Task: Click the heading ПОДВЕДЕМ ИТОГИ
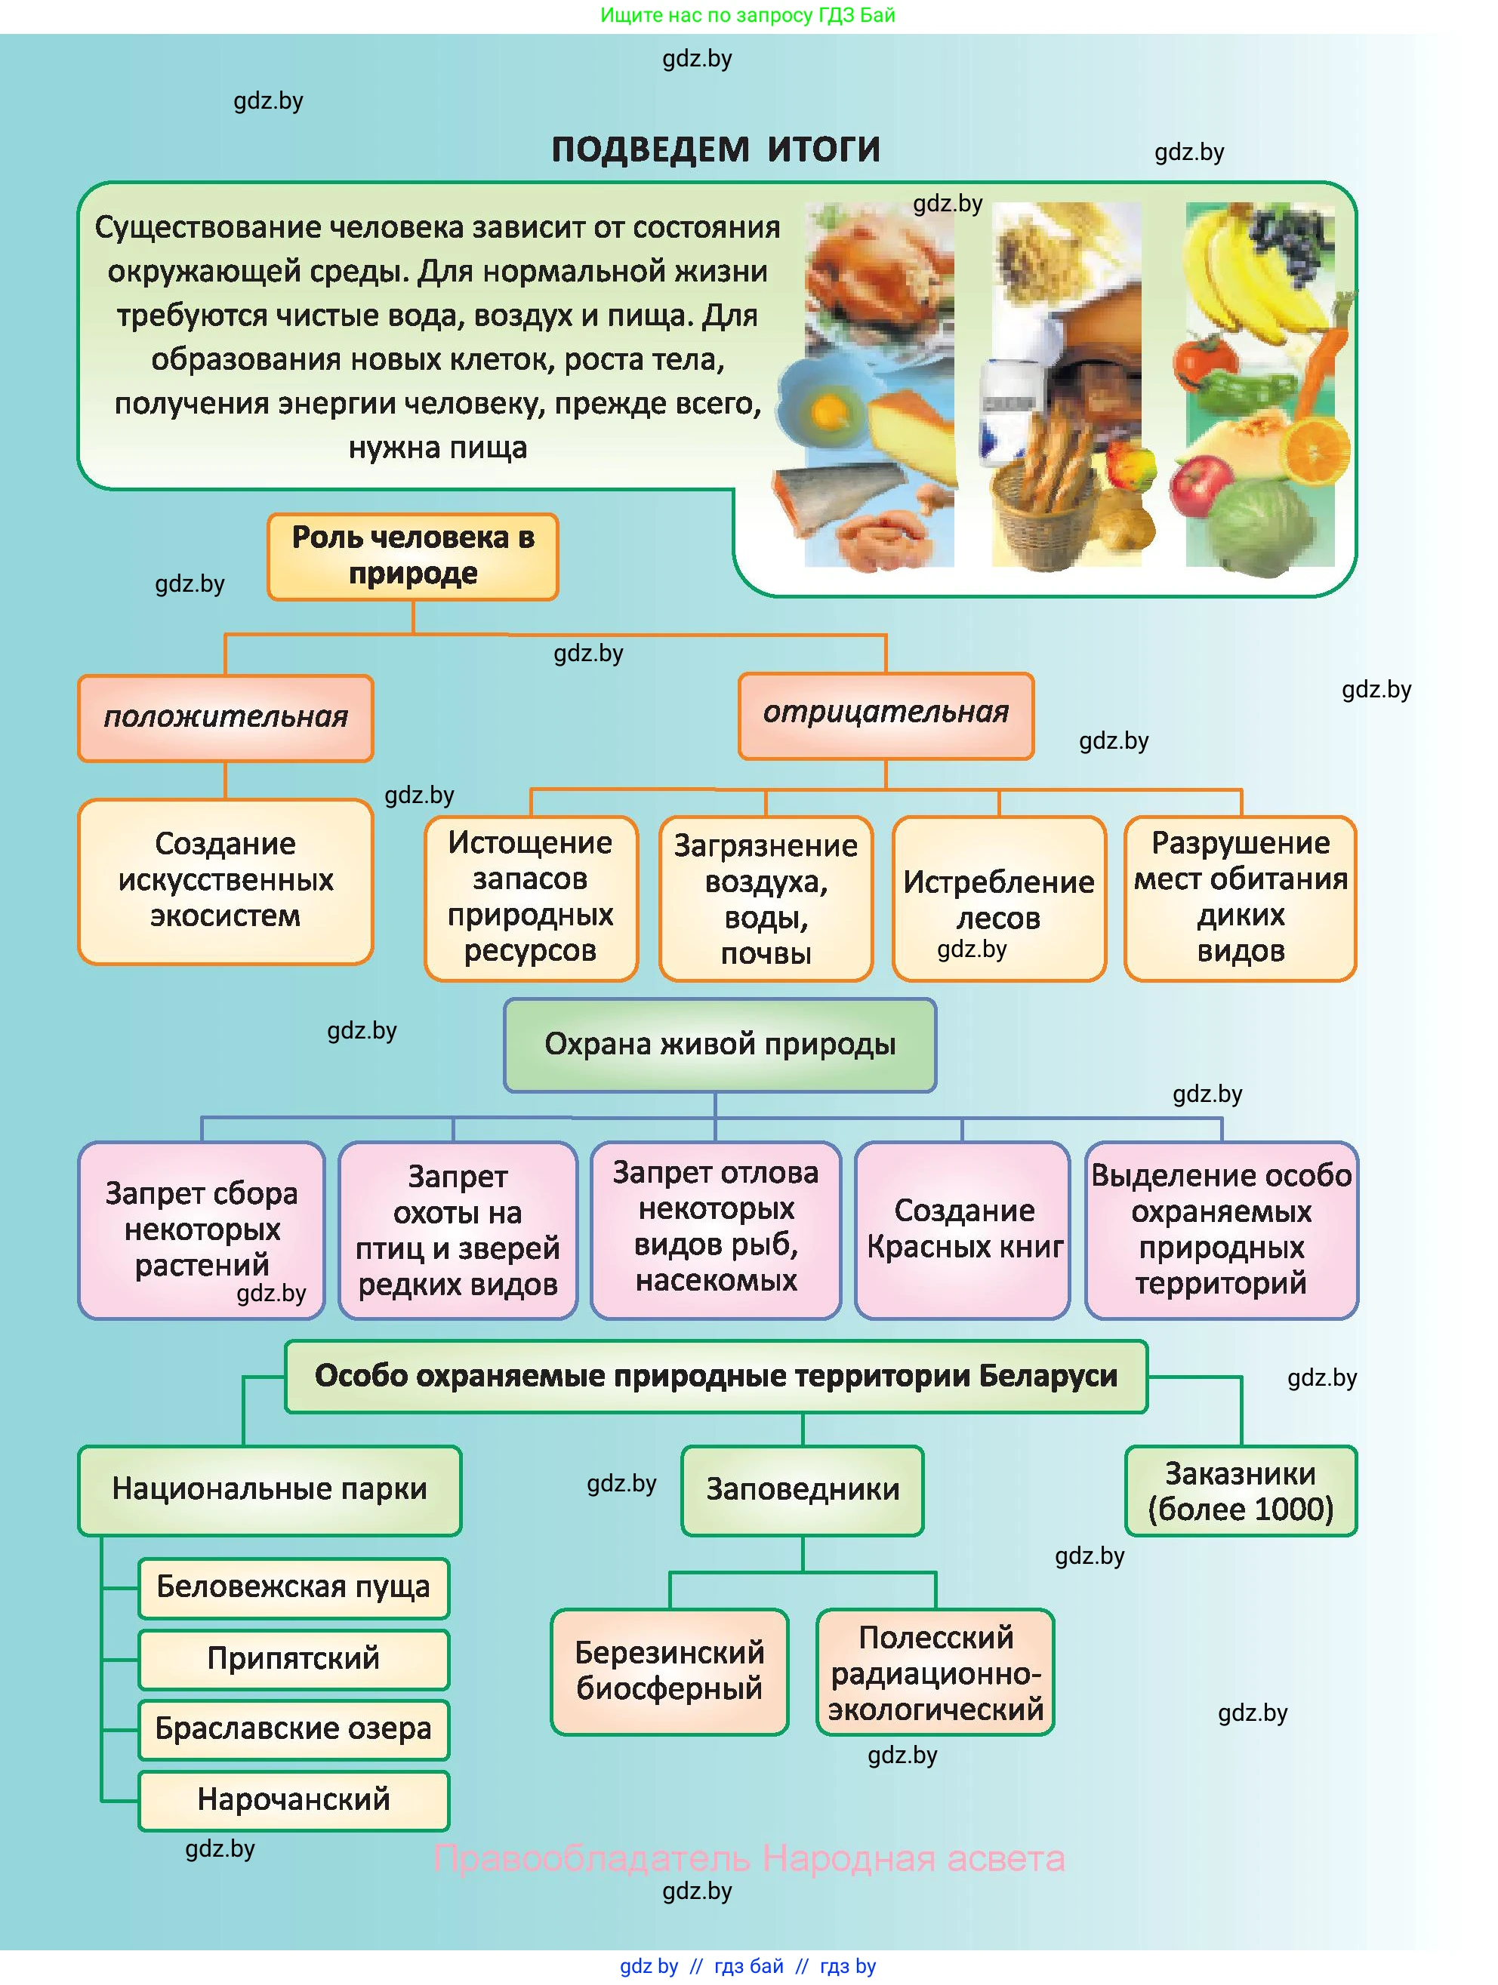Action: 715,149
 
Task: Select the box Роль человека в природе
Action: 413,555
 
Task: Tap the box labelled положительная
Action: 225,718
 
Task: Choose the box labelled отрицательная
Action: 886,714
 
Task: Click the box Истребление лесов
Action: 998,897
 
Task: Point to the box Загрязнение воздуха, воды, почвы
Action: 766,898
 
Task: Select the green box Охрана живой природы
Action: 720,1045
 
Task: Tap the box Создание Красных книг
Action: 964,1229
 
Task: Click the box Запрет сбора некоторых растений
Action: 202,1229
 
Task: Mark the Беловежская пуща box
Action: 294,1586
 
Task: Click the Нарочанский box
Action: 294,1799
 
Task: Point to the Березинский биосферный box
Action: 670,1671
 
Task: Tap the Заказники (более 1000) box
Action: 1241,1491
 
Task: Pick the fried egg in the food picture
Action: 824,408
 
